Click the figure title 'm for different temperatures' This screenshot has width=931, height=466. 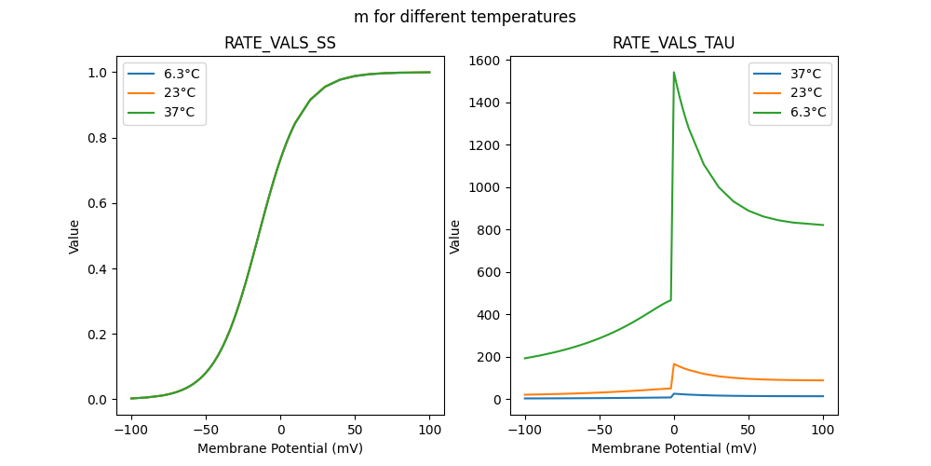(465, 17)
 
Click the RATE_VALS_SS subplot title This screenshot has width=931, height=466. (280, 44)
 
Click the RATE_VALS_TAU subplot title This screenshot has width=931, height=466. (673, 44)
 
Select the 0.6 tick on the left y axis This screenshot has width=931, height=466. (96, 203)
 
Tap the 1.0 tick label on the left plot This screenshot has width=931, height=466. (96, 73)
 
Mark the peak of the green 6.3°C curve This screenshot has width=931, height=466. (674, 72)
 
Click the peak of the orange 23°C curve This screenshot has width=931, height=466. (674, 364)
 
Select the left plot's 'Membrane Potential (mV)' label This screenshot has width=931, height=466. (280, 448)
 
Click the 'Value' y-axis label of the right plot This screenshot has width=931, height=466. (455, 236)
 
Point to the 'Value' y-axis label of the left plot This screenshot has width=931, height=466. (74, 236)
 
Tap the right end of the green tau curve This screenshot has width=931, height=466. (823, 225)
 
